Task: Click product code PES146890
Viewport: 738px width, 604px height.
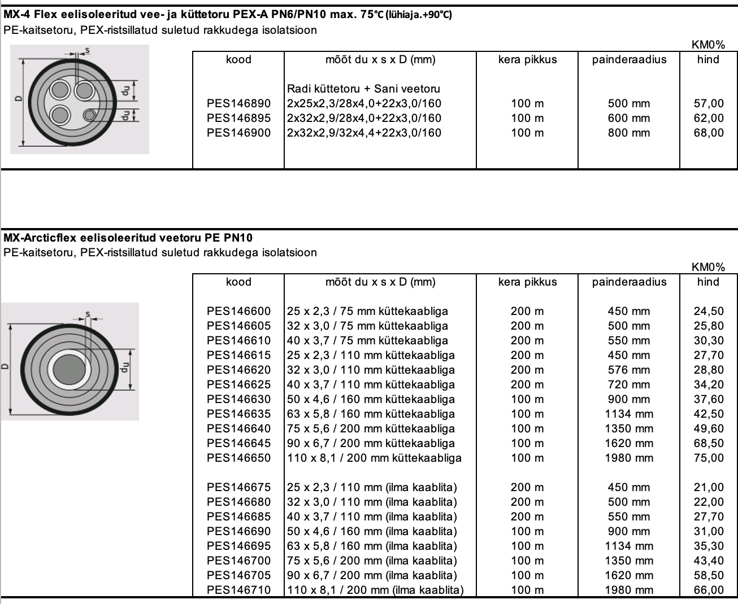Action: click(x=238, y=103)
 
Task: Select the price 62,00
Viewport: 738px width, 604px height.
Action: click(x=709, y=118)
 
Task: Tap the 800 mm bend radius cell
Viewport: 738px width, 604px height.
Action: click(x=629, y=133)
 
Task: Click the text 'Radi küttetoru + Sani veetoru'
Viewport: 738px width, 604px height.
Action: click(x=363, y=89)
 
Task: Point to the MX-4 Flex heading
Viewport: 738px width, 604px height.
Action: click(x=227, y=15)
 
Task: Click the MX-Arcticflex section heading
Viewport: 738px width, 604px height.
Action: click(x=128, y=238)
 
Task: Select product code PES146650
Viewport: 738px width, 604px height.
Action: click(x=238, y=458)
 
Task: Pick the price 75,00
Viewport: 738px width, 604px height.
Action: click(x=709, y=458)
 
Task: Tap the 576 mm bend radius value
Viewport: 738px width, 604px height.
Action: click(x=629, y=370)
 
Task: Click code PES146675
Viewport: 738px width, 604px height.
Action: click(x=238, y=487)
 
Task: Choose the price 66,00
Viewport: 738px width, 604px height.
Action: click(x=709, y=590)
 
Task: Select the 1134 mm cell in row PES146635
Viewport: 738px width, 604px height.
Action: click(x=629, y=414)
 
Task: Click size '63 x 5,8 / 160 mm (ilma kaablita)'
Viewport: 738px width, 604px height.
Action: click(x=372, y=546)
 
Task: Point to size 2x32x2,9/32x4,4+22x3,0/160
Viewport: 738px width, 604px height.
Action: click(x=364, y=133)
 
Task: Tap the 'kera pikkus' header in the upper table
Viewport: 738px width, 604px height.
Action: click(x=527, y=59)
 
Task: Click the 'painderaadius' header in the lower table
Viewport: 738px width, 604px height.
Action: click(x=629, y=282)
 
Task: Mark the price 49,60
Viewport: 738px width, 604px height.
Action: click(x=709, y=428)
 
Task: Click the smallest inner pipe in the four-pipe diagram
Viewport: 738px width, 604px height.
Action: click(x=89, y=115)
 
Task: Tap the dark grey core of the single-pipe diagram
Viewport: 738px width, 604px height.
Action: click(x=70, y=370)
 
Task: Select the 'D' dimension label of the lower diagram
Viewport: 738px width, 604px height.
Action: click(x=5, y=365)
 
